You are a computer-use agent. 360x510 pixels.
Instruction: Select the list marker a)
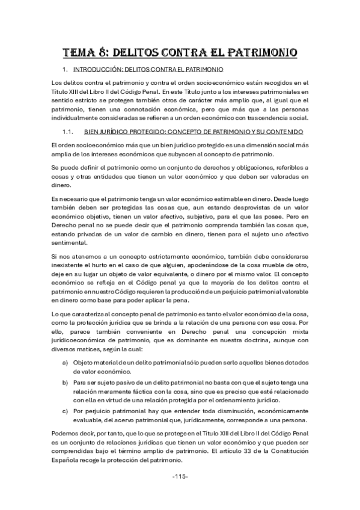coord(65,363)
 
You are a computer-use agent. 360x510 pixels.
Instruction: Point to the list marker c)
coord(65,411)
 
